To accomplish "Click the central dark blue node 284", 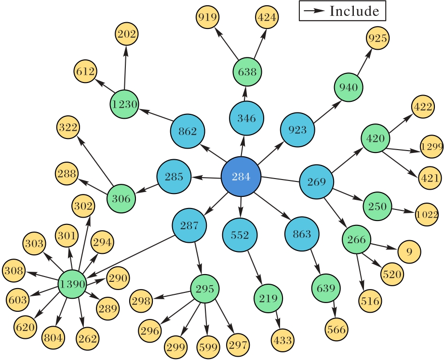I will coord(241,177).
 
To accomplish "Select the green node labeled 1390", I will coord(72,284).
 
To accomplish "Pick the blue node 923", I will coord(298,130).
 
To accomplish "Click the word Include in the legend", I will coord(354,11).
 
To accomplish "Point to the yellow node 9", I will coord(409,251).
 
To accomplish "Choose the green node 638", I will coord(247,72).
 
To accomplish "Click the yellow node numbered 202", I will coord(126,34).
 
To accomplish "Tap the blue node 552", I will coord(239,235).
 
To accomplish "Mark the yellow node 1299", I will coord(431,147).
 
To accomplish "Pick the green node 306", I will coord(121,198).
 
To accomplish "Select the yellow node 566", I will coord(336,330).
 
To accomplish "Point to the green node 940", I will coord(349,87).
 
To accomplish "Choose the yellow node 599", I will coord(208,346).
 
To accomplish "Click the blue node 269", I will coord(316,182).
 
